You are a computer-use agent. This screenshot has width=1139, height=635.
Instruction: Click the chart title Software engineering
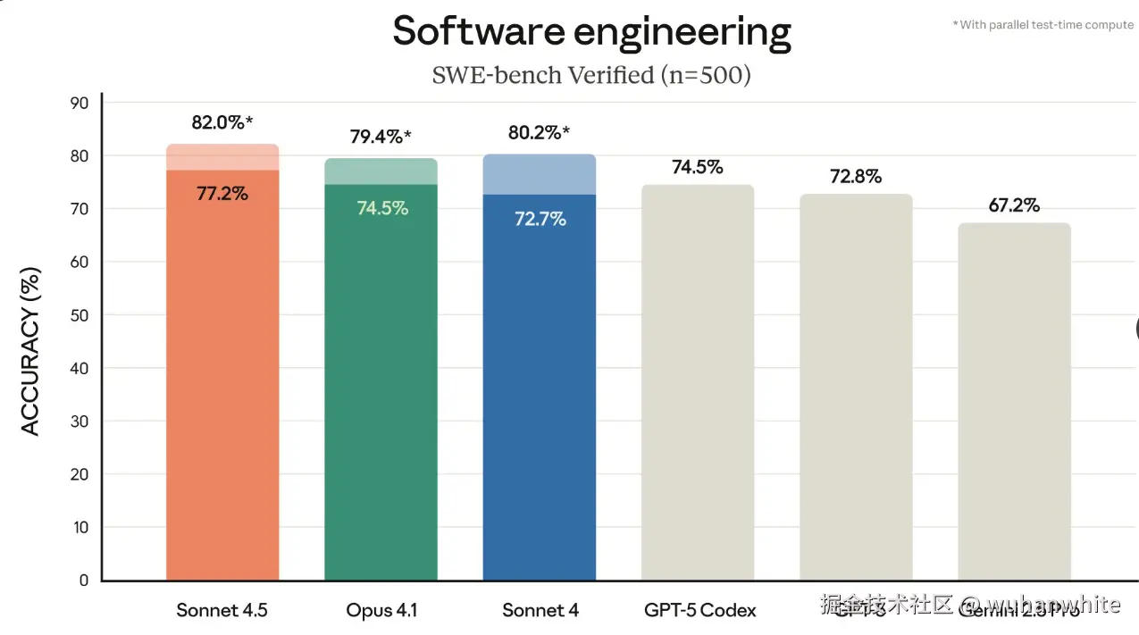pyautogui.click(x=591, y=32)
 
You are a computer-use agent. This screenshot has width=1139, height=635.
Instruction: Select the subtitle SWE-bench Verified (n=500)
pyautogui.click(x=591, y=75)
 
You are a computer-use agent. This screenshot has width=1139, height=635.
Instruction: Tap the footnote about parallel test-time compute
pyautogui.click(x=1043, y=25)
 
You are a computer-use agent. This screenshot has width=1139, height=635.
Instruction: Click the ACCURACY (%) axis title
pyautogui.click(x=31, y=351)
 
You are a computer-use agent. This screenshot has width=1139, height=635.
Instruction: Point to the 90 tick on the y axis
pyautogui.click(x=80, y=104)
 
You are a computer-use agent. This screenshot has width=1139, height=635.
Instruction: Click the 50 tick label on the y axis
pyautogui.click(x=80, y=315)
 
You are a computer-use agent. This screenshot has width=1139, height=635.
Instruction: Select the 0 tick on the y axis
pyautogui.click(x=84, y=581)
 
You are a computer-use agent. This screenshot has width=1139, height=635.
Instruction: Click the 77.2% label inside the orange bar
pyautogui.click(x=222, y=193)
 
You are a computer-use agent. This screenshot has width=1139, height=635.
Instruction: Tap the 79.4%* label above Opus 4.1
pyautogui.click(x=381, y=138)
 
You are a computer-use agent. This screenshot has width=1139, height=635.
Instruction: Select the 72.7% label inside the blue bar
pyautogui.click(x=540, y=219)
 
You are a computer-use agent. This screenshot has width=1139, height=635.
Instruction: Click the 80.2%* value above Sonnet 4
pyautogui.click(x=539, y=133)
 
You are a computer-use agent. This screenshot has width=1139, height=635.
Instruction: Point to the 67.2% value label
pyautogui.click(x=1014, y=205)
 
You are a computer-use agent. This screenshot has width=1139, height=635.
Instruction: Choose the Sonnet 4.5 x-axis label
pyautogui.click(x=222, y=611)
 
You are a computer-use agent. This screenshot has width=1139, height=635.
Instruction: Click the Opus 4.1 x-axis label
pyautogui.click(x=381, y=611)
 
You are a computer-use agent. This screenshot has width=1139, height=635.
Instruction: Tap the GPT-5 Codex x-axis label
pyautogui.click(x=699, y=611)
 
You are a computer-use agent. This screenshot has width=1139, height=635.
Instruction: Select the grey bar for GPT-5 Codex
pyautogui.click(x=697, y=384)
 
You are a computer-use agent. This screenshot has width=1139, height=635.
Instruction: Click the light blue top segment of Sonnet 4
pyautogui.click(x=539, y=174)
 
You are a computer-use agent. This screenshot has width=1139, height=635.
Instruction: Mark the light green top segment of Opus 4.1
pyautogui.click(x=381, y=171)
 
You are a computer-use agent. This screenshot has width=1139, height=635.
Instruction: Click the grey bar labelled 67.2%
pyautogui.click(x=1014, y=402)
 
